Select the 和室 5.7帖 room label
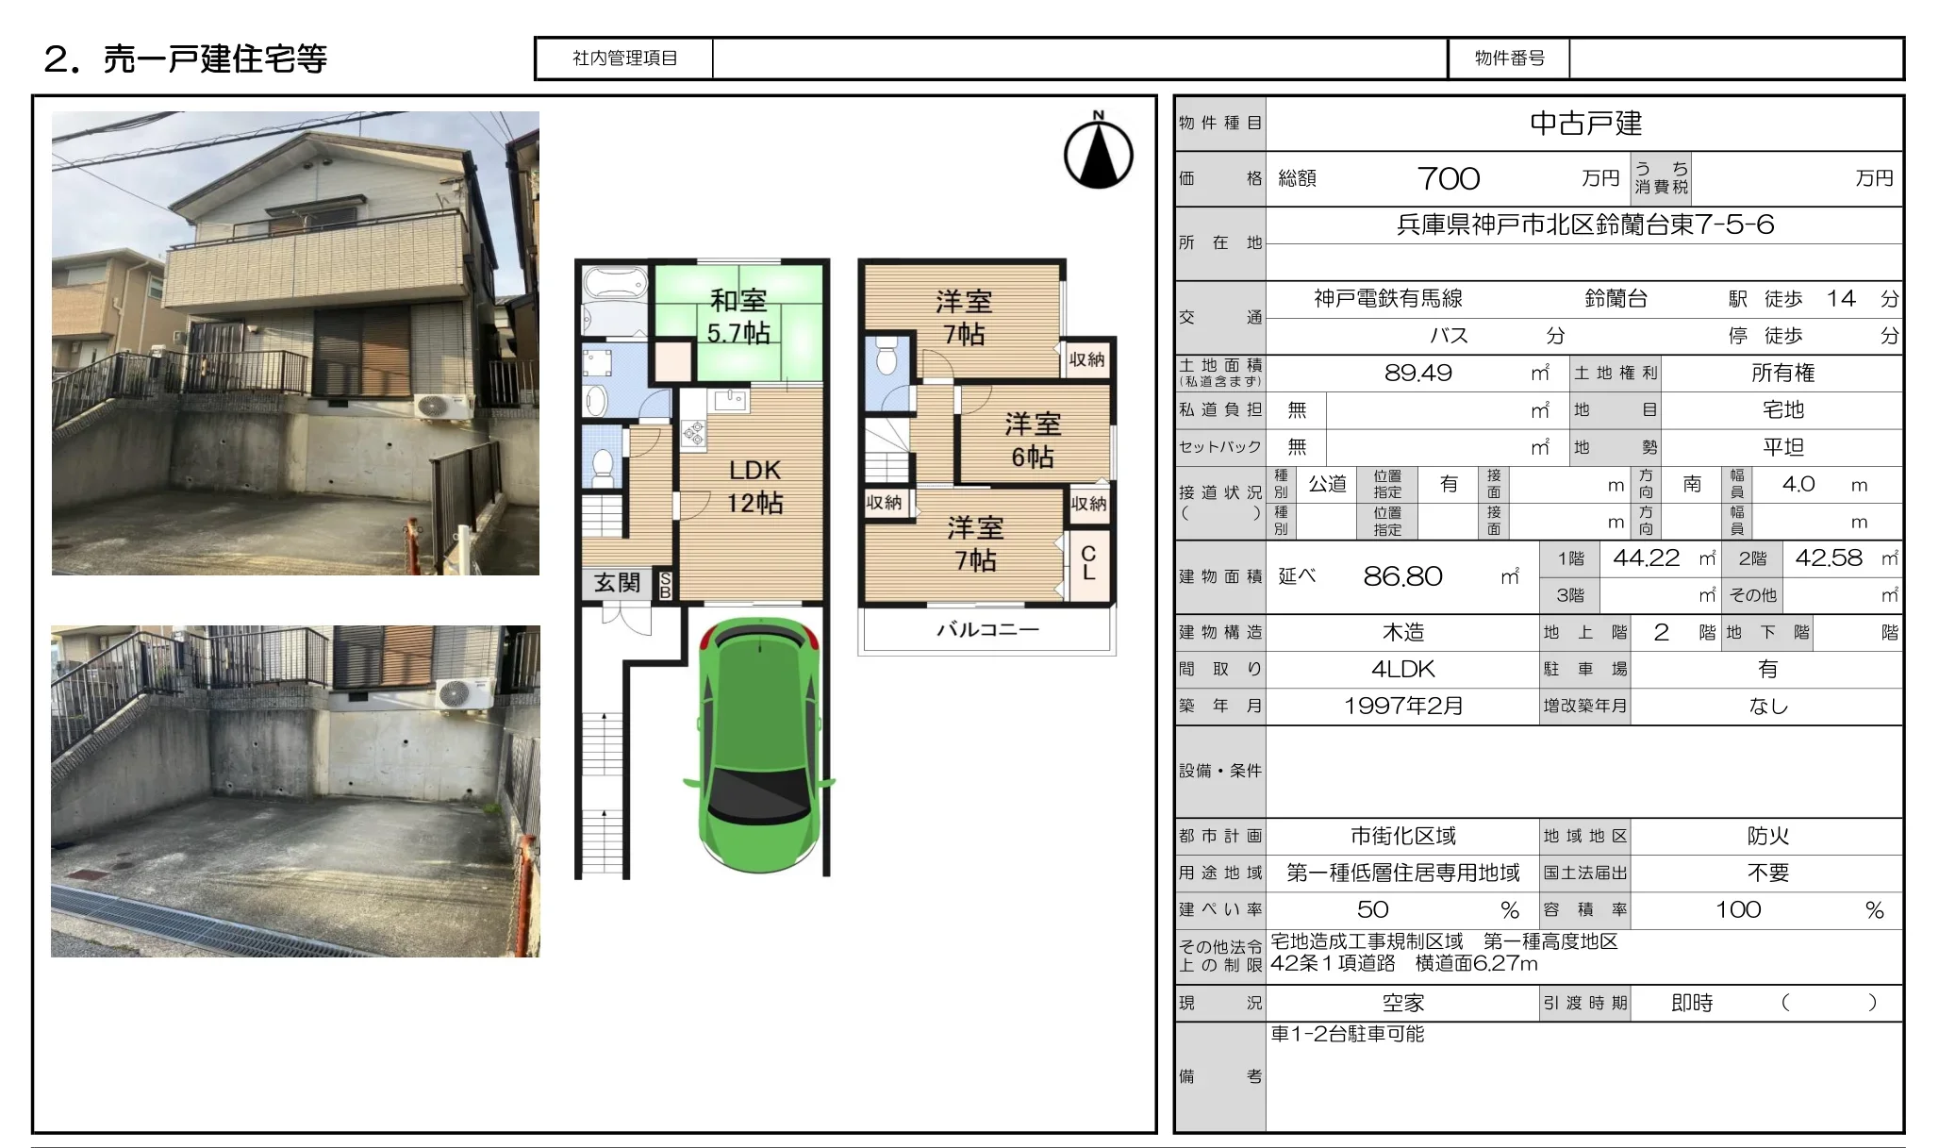coord(738,316)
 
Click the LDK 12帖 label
coord(754,486)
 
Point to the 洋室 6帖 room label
coord(1033,441)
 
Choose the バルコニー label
coord(987,629)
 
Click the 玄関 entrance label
coord(617,583)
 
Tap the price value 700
coord(1449,178)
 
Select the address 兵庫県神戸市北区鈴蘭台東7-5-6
coord(1585,225)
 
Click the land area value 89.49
coord(1418,373)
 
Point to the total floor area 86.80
coord(1402,576)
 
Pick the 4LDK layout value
coord(1403,669)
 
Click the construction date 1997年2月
coord(1403,706)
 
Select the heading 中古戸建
coord(1585,123)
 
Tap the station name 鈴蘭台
coord(1616,299)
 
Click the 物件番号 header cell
coord(1509,58)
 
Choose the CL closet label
coord(1088,562)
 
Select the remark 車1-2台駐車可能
coord(1347,1034)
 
